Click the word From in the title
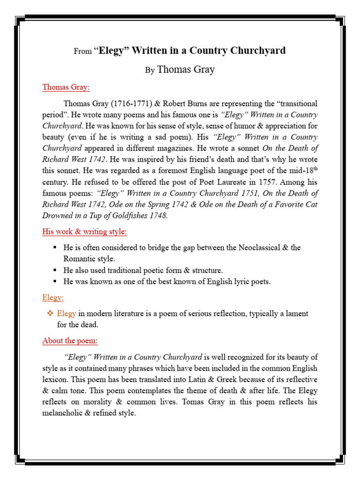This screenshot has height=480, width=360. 82,52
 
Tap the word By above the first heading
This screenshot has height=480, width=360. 150,71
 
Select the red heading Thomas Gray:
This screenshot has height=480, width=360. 66,87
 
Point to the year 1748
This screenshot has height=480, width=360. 158,216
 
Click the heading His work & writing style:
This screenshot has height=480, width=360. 84,232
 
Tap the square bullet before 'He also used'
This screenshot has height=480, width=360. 55,270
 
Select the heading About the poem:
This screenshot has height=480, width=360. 70,341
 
